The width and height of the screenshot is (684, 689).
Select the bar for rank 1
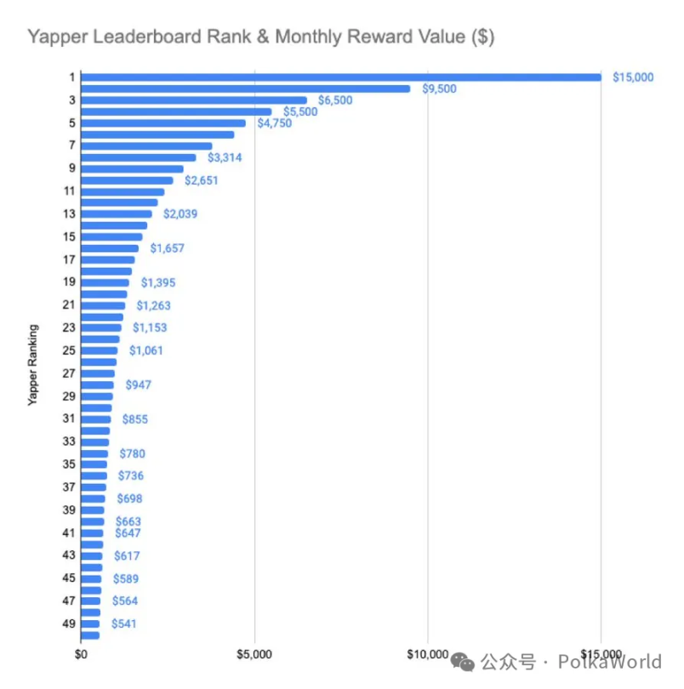click(x=340, y=77)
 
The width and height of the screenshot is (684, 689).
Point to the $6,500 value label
click(x=334, y=100)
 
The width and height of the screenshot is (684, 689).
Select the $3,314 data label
click(x=225, y=157)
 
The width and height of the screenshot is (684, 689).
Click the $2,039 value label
click(x=180, y=214)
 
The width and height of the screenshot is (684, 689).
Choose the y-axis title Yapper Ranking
click(x=33, y=363)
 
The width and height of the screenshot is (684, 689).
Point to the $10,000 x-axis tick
click(x=427, y=653)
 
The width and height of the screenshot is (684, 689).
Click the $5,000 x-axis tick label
click(x=254, y=653)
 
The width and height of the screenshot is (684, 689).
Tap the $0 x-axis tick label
click(x=82, y=653)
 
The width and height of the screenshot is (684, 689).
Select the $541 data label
click(x=123, y=624)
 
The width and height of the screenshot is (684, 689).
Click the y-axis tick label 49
click(x=69, y=624)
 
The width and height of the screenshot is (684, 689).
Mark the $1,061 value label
click(x=146, y=350)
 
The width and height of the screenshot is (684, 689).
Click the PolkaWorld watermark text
click(x=609, y=662)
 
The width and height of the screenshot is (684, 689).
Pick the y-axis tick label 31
click(x=69, y=419)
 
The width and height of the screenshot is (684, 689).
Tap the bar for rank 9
click(x=132, y=168)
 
